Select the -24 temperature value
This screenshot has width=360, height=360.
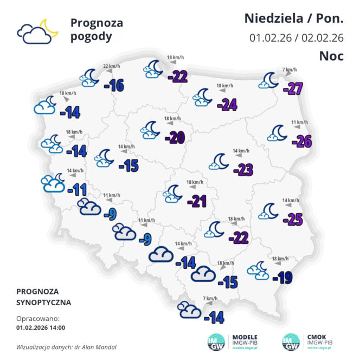227,105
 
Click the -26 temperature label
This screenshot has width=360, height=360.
301,142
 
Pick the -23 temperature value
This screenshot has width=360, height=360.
243,170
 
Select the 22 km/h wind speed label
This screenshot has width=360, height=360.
111,67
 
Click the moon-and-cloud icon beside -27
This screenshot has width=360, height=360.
269,81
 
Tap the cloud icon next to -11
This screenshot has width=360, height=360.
54,183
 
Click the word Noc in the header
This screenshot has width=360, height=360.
331,56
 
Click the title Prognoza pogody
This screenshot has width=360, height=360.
97,30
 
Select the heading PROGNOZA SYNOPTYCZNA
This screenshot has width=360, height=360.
44,297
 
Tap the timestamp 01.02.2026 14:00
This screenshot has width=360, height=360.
41,327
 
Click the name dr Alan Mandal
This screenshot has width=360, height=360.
98,346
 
